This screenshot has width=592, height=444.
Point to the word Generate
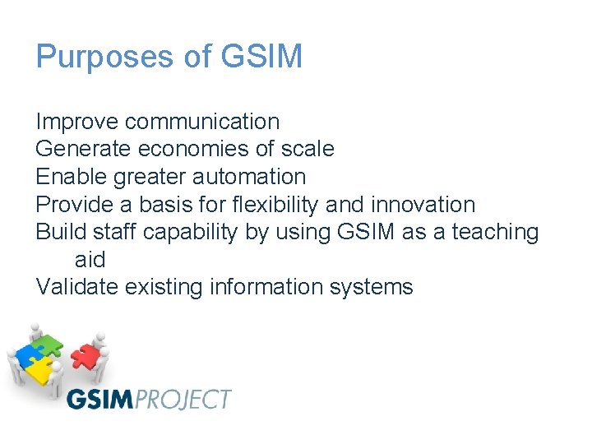(84, 149)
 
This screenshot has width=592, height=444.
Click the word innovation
(423, 204)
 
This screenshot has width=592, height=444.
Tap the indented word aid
(90, 260)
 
